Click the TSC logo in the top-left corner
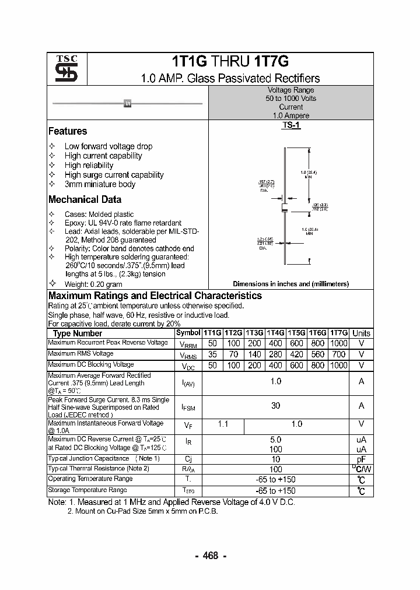pyautogui.click(x=62, y=69)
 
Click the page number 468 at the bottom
pyautogui.click(x=211, y=556)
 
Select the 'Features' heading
pyautogui.click(x=68, y=131)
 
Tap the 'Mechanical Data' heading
pyautogui.click(x=85, y=199)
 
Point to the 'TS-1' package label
pyautogui.click(x=290, y=125)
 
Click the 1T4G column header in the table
pyautogui.click(x=276, y=333)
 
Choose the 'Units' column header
pyautogui.click(x=361, y=333)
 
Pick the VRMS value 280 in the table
pyautogui.click(x=276, y=354)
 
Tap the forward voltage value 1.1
pyautogui.click(x=223, y=424)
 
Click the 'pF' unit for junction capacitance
pyautogui.click(x=361, y=459)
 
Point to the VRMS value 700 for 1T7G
pyautogui.click(x=338, y=354)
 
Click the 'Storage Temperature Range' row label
pyautogui.click(x=87, y=490)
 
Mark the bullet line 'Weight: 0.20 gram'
pyautogui.click(x=93, y=284)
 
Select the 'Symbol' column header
pyautogui.click(x=188, y=332)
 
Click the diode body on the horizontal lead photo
pyautogui.click(x=128, y=104)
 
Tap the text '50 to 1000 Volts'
pyautogui.click(x=290, y=99)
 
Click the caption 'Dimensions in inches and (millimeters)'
pyautogui.click(x=290, y=284)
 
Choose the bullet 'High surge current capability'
pyautogui.click(x=114, y=175)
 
